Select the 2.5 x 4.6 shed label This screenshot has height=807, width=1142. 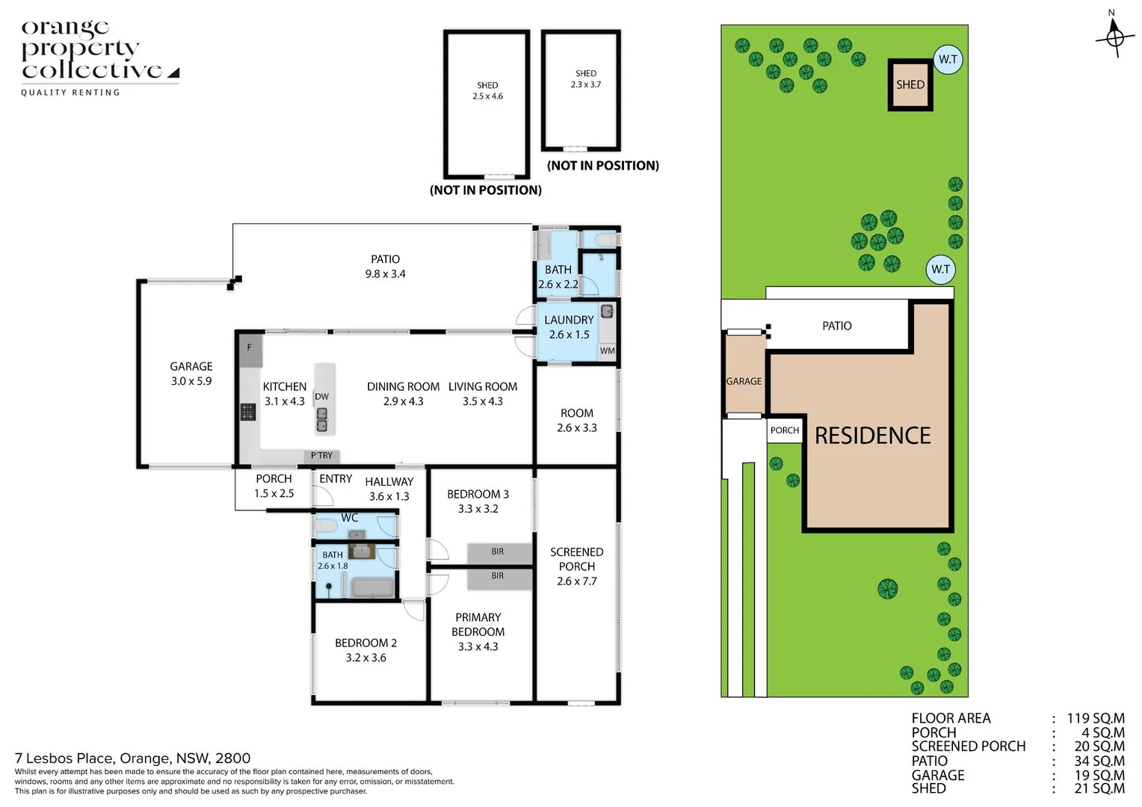coord(487,90)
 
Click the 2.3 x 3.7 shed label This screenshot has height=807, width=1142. coord(586,78)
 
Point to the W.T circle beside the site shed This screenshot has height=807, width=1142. coord(948,59)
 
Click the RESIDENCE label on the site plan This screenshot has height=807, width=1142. coord(872,436)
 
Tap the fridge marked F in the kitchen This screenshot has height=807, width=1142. coord(250,348)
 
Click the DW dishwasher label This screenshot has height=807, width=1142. coord(321,397)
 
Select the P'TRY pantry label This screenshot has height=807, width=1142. coord(322,455)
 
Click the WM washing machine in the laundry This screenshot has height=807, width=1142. coord(607,350)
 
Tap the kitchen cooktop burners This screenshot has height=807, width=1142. coord(247,411)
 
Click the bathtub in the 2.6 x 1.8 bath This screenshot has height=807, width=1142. coord(373,587)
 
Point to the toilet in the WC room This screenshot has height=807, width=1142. coord(326,527)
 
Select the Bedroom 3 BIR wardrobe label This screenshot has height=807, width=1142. coord(498,552)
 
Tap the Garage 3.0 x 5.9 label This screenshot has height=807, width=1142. coord(191,374)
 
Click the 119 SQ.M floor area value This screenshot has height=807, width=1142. coord(1095,718)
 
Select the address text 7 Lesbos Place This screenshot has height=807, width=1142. coord(132,758)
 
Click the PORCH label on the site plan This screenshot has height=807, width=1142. coord(784,430)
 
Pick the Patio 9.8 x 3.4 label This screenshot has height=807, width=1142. coord(385,267)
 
